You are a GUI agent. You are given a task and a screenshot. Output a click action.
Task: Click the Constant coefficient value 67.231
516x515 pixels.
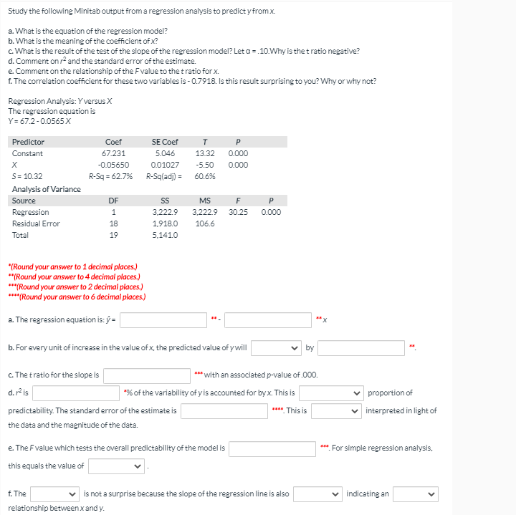(x=113, y=153)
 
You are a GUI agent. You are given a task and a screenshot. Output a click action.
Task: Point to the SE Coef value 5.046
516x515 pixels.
(x=164, y=153)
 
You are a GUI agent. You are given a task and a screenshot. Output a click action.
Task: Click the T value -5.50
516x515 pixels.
(x=205, y=165)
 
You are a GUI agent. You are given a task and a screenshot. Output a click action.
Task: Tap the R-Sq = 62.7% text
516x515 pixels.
(x=110, y=176)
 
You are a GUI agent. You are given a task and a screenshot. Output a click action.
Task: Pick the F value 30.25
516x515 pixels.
(x=238, y=212)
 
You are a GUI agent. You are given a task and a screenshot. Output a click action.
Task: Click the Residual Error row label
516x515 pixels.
(x=36, y=223)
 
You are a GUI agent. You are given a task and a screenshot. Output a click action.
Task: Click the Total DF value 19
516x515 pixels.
(x=113, y=235)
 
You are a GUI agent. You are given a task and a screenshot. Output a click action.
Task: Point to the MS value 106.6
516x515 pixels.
(x=205, y=223)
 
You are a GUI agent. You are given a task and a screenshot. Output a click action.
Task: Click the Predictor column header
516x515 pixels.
(x=28, y=142)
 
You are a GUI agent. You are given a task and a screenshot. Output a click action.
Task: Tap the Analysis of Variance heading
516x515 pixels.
(x=46, y=189)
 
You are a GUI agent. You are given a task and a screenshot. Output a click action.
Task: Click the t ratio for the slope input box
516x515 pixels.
(x=147, y=375)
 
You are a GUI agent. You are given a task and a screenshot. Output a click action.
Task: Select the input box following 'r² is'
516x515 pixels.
(x=75, y=393)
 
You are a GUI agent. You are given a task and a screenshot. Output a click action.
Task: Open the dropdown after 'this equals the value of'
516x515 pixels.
(x=117, y=466)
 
